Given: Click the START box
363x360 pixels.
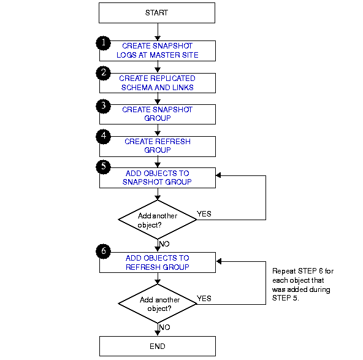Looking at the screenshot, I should pyautogui.click(x=157, y=13).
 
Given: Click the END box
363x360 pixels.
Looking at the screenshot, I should pyautogui.click(x=157, y=346).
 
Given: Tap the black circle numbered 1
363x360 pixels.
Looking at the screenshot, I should pyautogui.click(x=104, y=42).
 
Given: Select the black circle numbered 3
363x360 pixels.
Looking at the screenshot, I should pyautogui.click(x=104, y=105).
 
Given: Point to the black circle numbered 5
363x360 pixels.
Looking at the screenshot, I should pyautogui.click(x=104, y=167).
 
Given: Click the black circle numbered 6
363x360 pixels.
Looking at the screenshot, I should pyautogui.click(x=104, y=251).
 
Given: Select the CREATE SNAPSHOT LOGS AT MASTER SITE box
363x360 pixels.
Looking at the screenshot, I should pyautogui.click(x=157, y=50).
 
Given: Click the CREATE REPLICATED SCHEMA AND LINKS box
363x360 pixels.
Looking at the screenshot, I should pyautogui.click(x=157, y=83).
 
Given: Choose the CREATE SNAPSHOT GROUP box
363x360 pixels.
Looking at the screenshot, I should pyautogui.click(x=157, y=114).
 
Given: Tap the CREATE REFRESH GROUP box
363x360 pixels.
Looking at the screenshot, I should pyautogui.click(x=157, y=146).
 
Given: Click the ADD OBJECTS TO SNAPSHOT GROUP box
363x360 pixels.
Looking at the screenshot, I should pyautogui.click(x=157, y=177).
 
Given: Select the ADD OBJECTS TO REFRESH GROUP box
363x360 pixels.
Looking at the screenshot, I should pyautogui.click(x=157, y=262).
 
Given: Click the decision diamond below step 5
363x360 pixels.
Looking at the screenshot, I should pyautogui.click(x=157, y=219).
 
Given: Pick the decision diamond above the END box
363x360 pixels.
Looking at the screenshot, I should pyautogui.click(x=157, y=304).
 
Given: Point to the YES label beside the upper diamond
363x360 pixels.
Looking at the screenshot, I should pyautogui.click(x=204, y=214).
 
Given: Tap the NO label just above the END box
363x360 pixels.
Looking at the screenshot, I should pyautogui.click(x=165, y=327).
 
